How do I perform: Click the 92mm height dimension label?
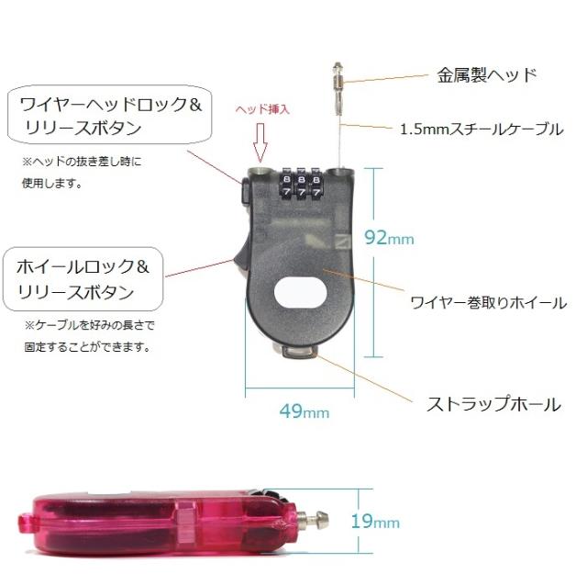(x=389, y=238)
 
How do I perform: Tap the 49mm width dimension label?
(x=305, y=411)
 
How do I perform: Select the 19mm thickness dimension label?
(x=375, y=522)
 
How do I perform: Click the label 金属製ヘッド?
(x=487, y=75)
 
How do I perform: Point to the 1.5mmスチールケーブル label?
(x=482, y=129)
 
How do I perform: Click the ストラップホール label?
(x=493, y=404)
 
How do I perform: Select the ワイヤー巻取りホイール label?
(x=489, y=302)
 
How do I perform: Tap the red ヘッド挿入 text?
(x=263, y=109)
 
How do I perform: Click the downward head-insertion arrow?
(x=260, y=142)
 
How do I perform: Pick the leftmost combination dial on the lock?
(x=286, y=186)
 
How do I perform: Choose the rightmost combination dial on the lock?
(x=316, y=186)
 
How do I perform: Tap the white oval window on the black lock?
(x=301, y=292)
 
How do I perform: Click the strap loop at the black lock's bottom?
(x=298, y=353)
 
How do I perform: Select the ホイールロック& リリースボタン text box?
(x=83, y=279)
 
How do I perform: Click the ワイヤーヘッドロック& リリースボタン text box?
(x=110, y=115)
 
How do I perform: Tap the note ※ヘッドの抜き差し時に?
(x=82, y=162)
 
